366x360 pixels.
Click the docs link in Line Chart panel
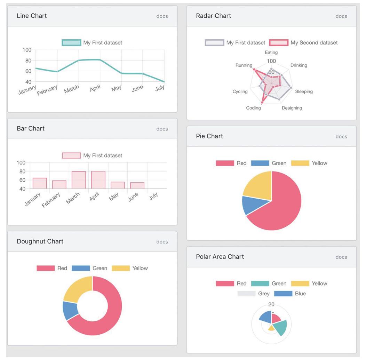click(162, 16)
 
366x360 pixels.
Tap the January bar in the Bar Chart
click(40, 183)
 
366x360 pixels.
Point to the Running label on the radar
click(244, 65)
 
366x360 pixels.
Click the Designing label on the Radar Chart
click(292, 108)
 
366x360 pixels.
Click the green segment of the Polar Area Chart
click(280, 328)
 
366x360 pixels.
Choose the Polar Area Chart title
click(220, 257)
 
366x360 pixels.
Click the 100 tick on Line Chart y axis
click(27, 50)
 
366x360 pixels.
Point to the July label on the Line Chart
click(160, 88)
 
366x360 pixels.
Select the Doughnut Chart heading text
click(40, 241)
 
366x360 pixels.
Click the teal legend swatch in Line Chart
click(71, 42)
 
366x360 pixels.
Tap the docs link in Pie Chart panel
click(341, 136)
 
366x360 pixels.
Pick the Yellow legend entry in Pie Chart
click(309, 163)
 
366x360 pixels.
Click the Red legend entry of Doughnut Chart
click(52, 268)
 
